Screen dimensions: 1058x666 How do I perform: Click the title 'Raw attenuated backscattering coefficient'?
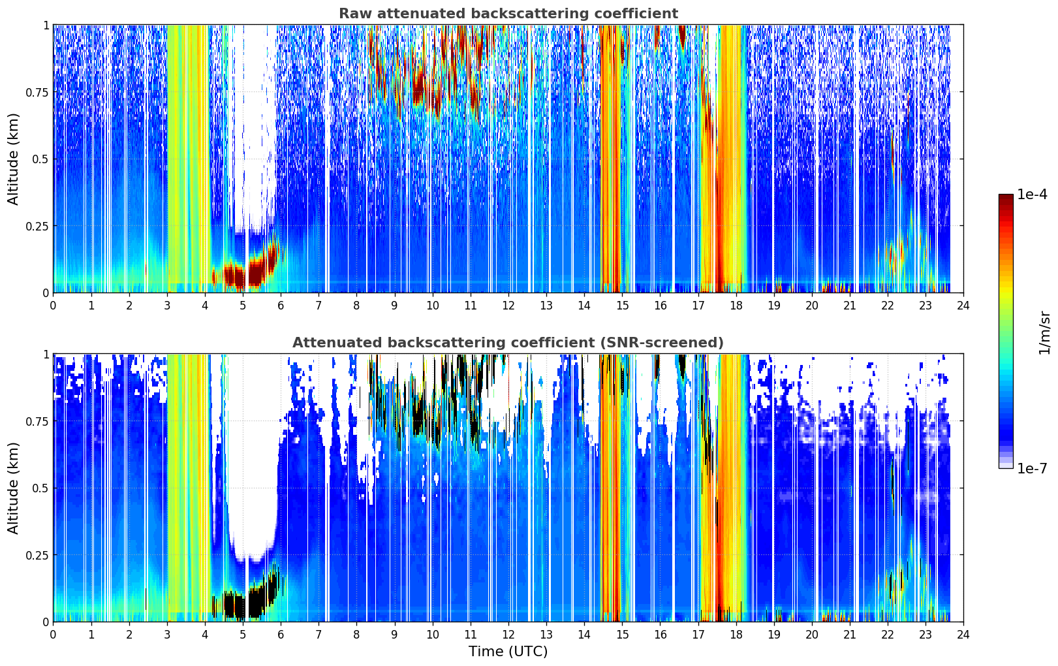tap(508, 13)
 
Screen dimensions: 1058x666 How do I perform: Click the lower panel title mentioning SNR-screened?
tap(508, 342)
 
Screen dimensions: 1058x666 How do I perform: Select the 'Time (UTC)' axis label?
tap(508, 652)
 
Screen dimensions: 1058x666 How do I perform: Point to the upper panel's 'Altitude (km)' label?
tap(13, 159)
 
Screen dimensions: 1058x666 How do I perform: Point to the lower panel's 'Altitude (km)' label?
tap(13, 488)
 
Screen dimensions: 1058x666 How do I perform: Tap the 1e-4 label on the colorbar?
tap(1031, 194)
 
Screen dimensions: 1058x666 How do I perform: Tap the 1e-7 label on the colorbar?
tap(1031, 469)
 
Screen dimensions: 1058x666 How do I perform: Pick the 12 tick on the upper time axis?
tap(508, 305)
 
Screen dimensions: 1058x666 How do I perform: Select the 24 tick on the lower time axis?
tap(963, 635)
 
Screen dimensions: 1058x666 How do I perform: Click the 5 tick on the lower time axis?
tap(243, 635)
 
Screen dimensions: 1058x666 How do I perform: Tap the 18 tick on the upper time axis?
tap(736, 305)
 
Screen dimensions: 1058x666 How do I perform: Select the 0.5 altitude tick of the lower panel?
tap(40, 488)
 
